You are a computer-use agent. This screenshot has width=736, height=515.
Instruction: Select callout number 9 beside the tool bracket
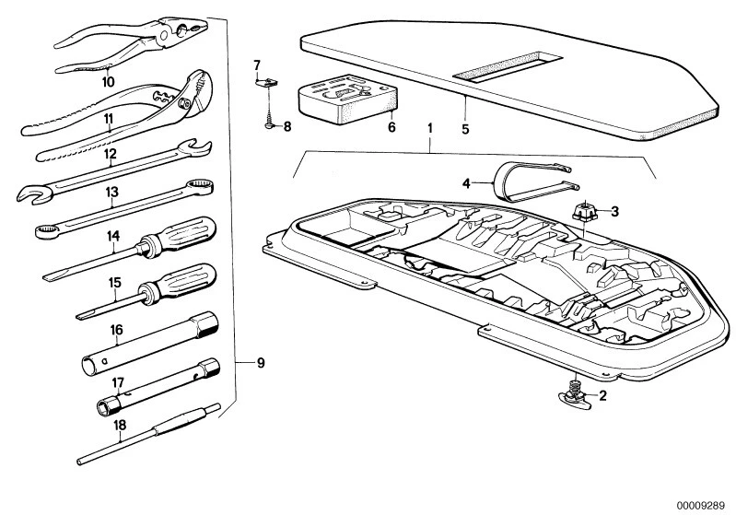(261, 363)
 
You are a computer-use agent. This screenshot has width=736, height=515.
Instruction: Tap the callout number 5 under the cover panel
(465, 128)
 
